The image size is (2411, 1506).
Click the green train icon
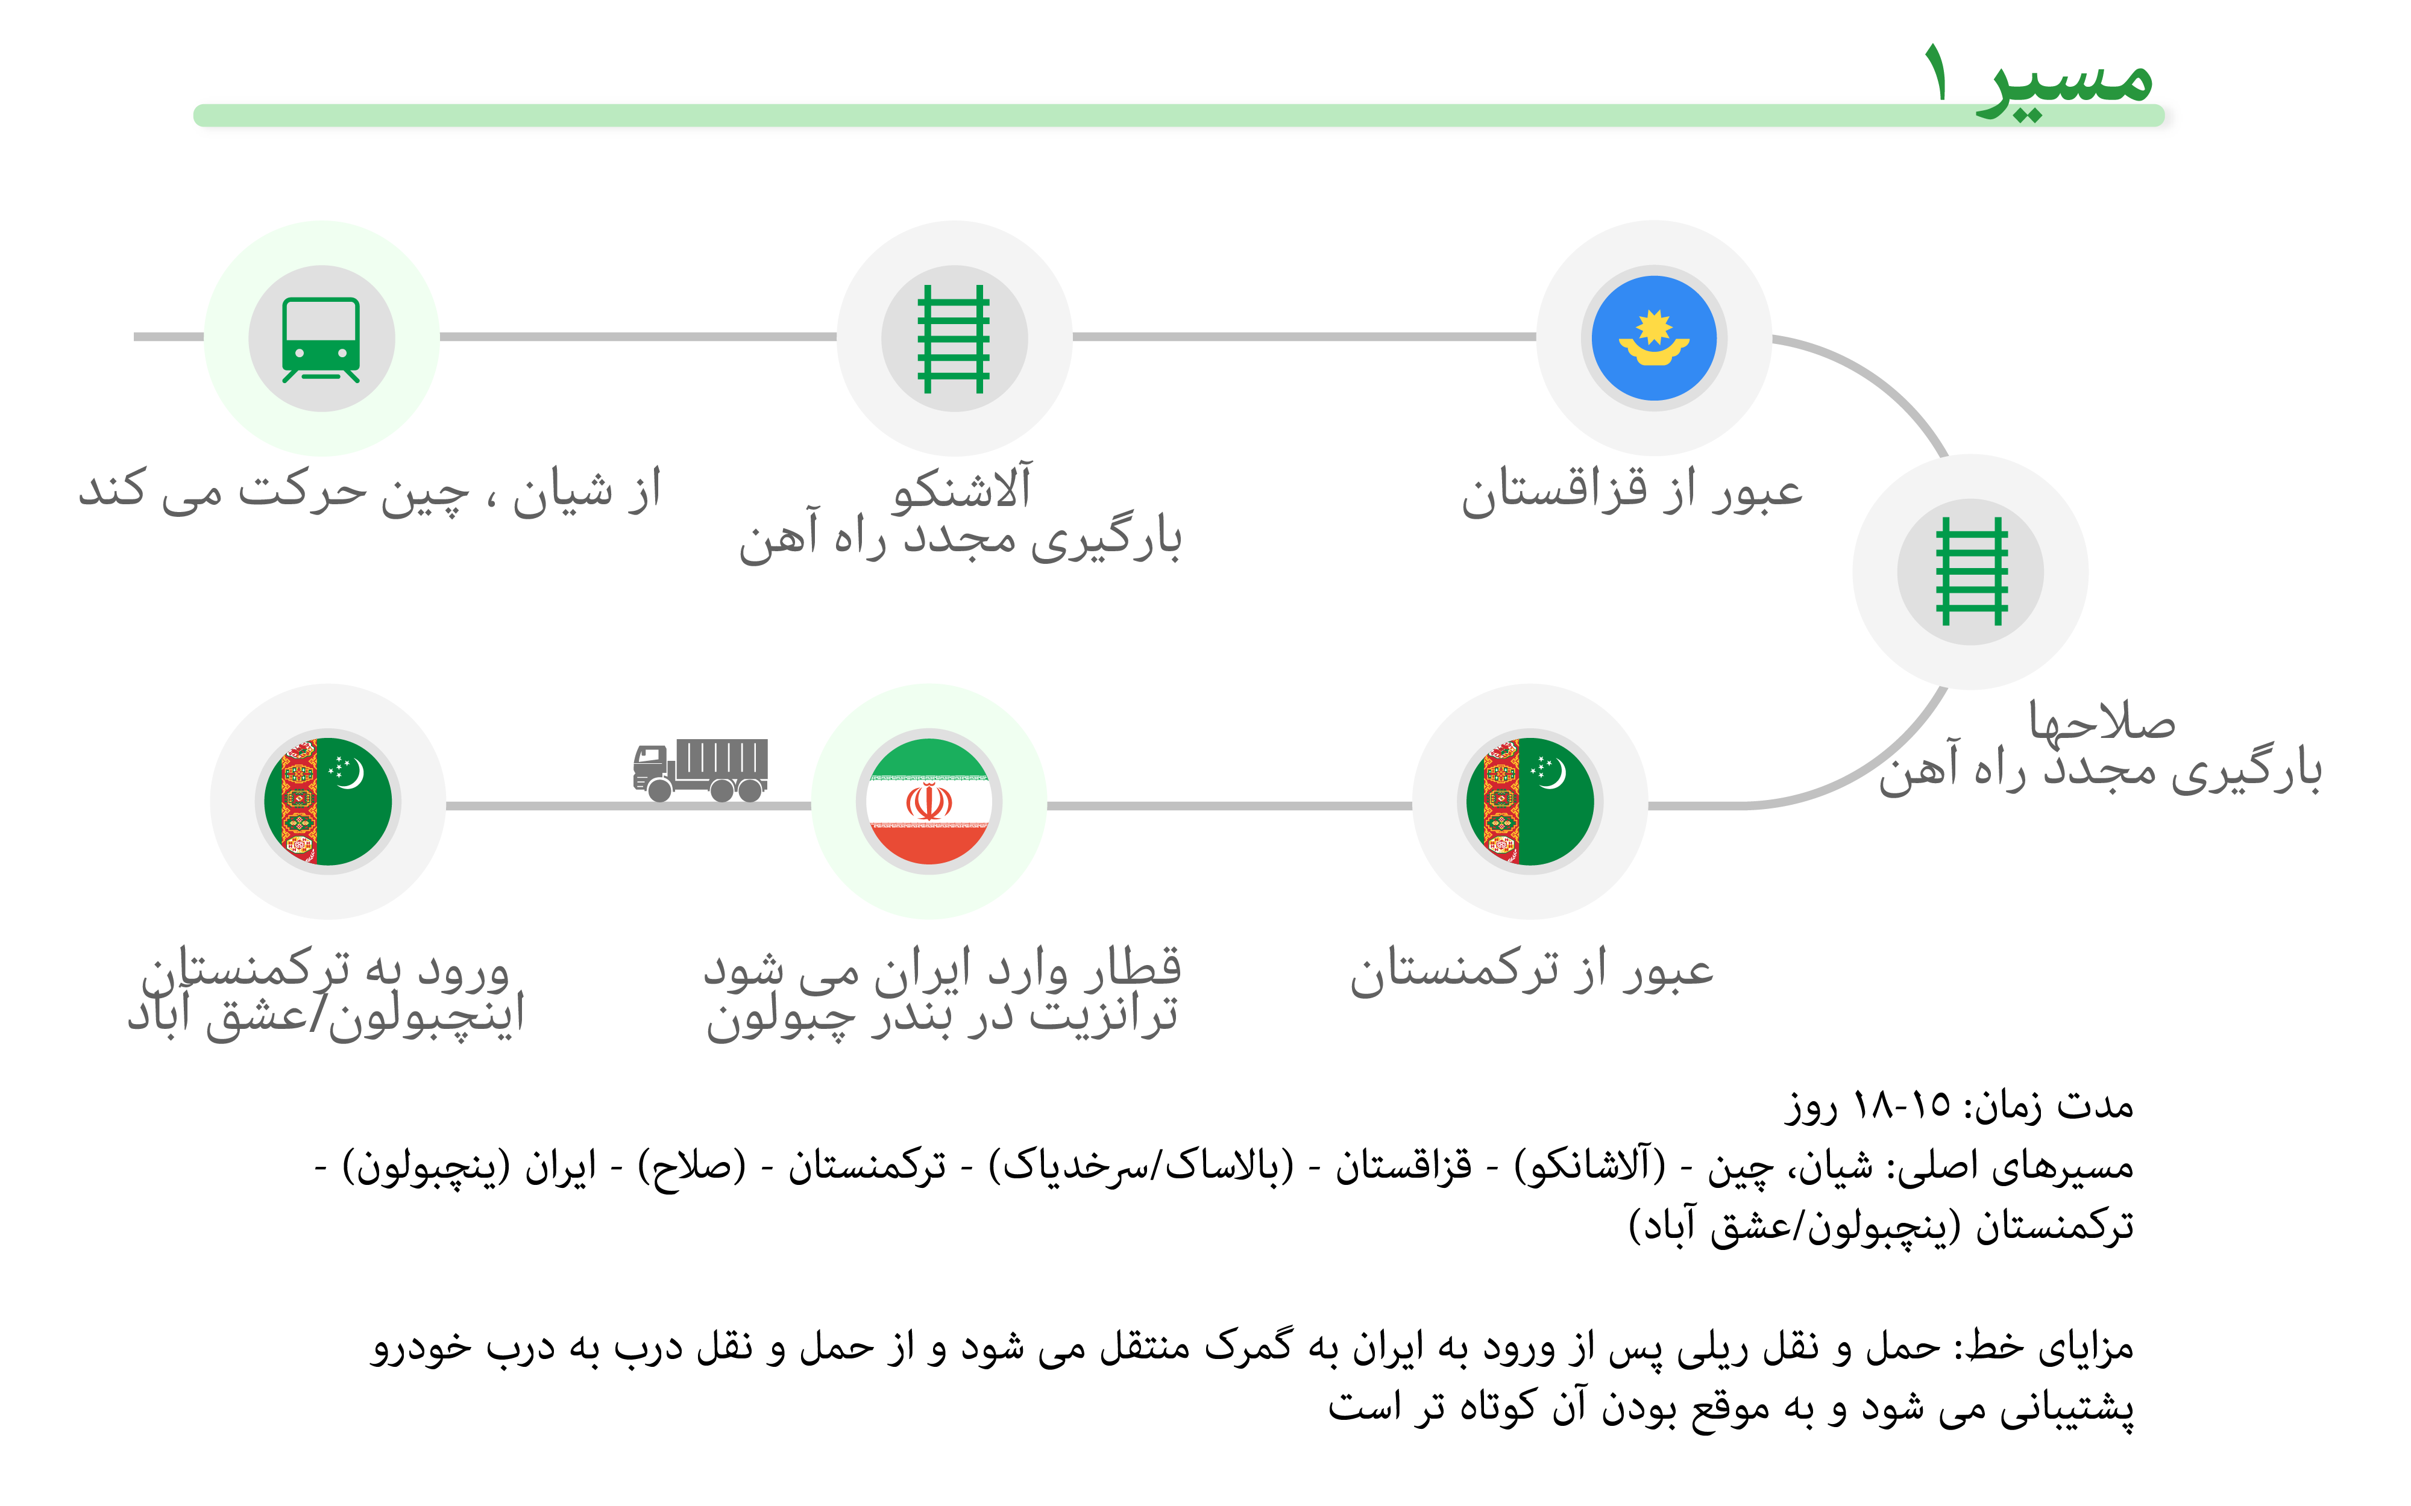321,339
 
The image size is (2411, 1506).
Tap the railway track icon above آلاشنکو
954,339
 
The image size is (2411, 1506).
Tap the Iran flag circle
928,802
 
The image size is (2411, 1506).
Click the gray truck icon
700,770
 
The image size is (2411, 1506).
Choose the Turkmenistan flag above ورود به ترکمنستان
328,802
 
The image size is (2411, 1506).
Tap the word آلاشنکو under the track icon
961,488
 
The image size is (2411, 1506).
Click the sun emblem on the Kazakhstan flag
1654,327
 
